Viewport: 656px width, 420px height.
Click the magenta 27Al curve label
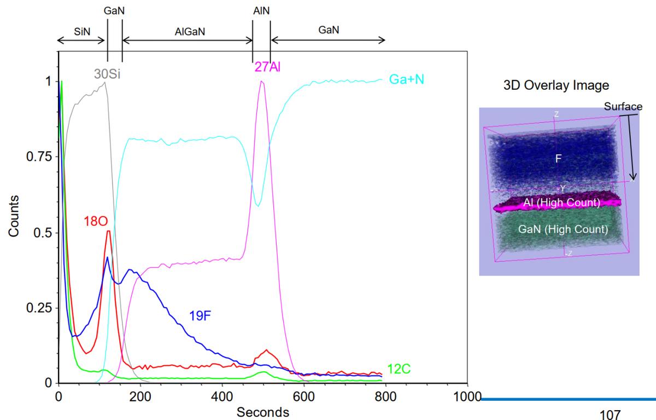point(267,67)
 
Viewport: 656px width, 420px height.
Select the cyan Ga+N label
point(407,79)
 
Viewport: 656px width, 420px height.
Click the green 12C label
point(399,369)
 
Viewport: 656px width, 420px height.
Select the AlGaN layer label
point(187,31)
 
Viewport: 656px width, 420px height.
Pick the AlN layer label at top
point(261,10)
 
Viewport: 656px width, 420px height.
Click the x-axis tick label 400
point(222,396)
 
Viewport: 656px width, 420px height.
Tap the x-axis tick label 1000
point(467,396)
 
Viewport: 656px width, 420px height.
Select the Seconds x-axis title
point(263,411)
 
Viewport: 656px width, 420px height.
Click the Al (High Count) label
point(561,203)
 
